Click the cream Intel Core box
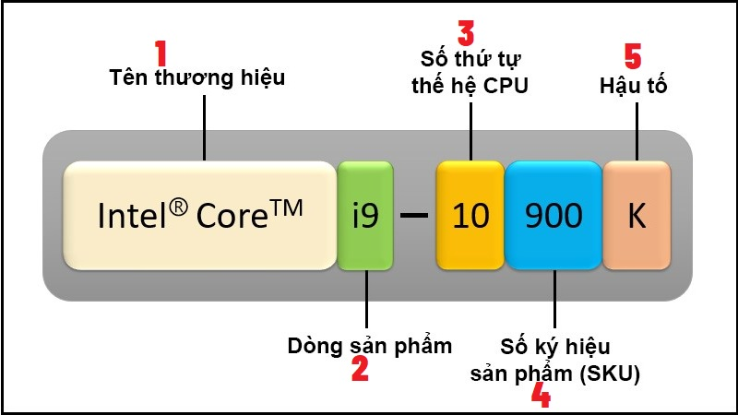point(199,216)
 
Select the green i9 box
point(365,216)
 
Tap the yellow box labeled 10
point(470,216)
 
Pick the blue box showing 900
point(553,216)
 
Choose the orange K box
point(637,216)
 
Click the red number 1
point(161,53)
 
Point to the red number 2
point(360,368)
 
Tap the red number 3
point(466,33)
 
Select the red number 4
point(541,395)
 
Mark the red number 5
point(633,56)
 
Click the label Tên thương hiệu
point(197,78)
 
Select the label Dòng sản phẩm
point(370,347)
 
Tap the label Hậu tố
point(633,86)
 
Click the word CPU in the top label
point(506,86)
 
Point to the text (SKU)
point(610,374)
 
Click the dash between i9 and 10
point(414,216)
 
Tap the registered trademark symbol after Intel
point(178,207)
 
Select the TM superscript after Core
point(286,208)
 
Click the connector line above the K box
point(637,132)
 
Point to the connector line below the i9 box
point(366,299)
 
